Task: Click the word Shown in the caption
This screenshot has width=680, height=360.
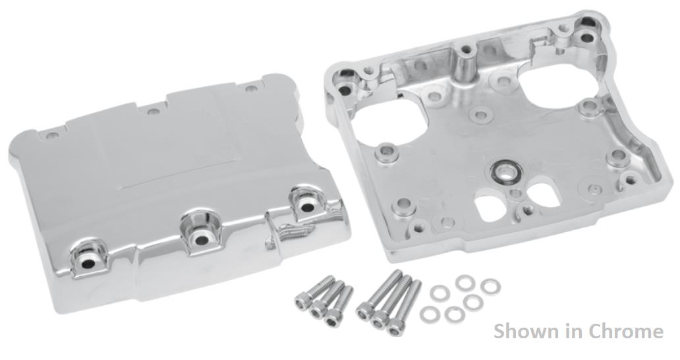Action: click(x=525, y=330)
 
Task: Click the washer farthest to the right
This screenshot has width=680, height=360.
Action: click(x=490, y=287)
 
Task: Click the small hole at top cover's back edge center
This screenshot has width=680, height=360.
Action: click(x=153, y=111)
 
